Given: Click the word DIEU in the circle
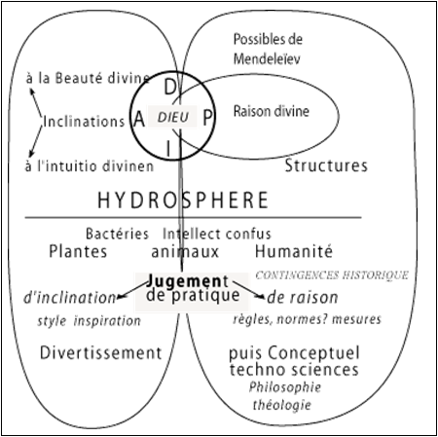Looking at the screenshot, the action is tap(173, 117).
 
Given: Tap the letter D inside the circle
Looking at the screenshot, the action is tap(170, 87).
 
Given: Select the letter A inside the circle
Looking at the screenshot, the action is tap(139, 119).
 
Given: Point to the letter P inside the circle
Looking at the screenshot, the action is tap(207, 118).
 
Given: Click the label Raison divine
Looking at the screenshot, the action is tap(272, 111).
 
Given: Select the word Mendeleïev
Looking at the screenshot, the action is tap(267, 59).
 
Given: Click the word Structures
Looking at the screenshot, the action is tap(326, 165).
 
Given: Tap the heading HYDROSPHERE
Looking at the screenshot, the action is tap(183, 200).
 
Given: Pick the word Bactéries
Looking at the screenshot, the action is tap(117, 234).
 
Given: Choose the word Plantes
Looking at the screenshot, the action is tap(78, 251).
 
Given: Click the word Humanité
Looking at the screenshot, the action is tap(294, 251).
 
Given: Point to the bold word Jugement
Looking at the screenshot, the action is tap(188, 281).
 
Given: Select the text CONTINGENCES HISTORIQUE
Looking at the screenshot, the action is tap(332, 275).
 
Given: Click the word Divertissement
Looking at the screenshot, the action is tap(100, 352).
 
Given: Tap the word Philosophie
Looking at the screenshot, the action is tap(285, 387).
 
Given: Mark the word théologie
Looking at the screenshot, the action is tap(282, 405).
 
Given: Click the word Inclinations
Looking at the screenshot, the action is tap(84, 122).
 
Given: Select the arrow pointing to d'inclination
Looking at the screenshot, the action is tap(132, 290).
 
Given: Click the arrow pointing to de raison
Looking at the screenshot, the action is tap(248, 290).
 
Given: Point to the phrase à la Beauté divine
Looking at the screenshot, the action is tap(88, 79).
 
